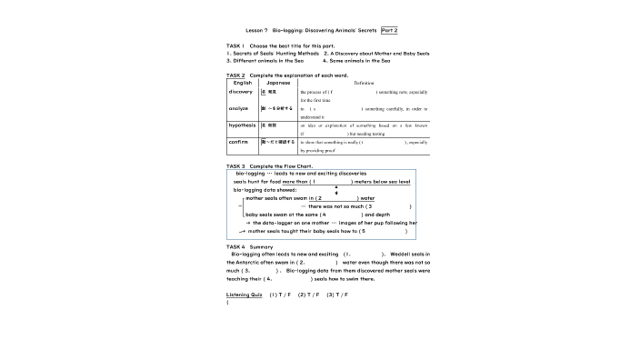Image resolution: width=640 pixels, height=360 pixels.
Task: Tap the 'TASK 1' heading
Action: coord(235,45)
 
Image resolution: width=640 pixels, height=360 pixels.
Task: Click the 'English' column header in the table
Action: coord(243,83)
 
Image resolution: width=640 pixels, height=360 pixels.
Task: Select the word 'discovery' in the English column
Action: coord(241,92)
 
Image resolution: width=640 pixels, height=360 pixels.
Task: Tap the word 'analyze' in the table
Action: coord(239,108)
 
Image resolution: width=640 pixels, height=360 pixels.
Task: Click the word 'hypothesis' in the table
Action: coord(243,124)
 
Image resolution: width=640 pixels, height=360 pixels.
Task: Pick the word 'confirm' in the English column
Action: coord(239,142)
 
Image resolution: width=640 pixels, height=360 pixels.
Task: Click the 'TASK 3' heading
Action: coord(235,166)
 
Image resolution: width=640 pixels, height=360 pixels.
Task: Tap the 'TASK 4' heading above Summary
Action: coord(235,246)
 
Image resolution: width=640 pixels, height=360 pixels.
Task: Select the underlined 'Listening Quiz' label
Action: coord(244,295)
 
